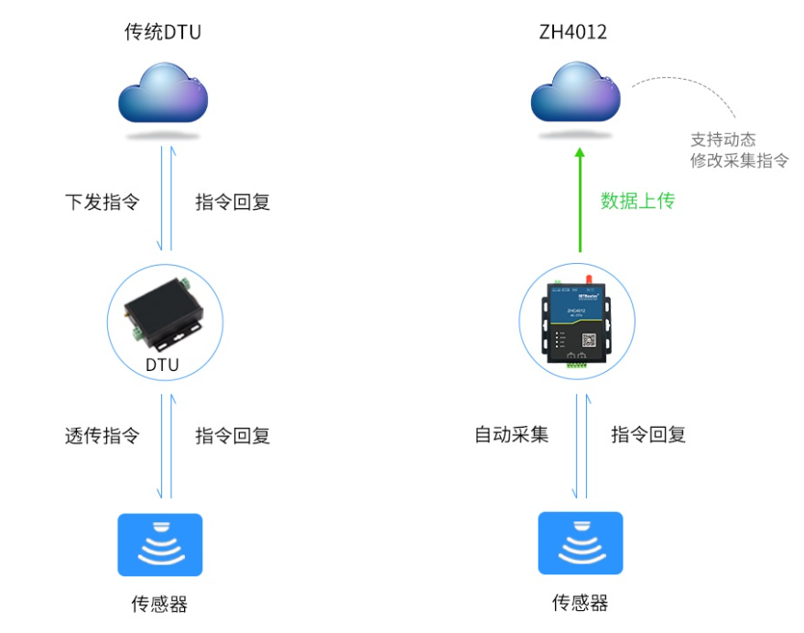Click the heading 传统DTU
pyautogui.click(x=162, y=32)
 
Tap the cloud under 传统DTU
pyautogui.click(x=164, y=96)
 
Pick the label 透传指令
pyautogui.click(x=102, y=436)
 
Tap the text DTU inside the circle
pyautogui.click(x=162, y=366)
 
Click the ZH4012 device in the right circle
pyautogui.click(x=576, y=320)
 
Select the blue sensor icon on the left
pyautogui.click(x=160, y=544)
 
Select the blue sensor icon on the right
pyautogui.click(x=580, y=543)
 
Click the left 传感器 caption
pyautogui.click(x=160, y=604)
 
